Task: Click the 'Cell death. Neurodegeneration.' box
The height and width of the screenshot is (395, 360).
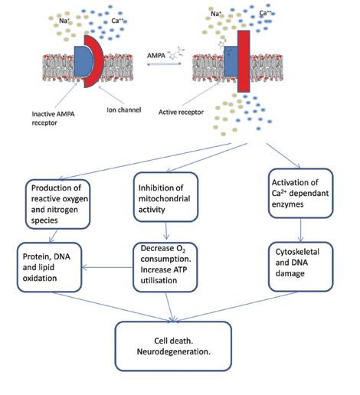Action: (x=172, y=342)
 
